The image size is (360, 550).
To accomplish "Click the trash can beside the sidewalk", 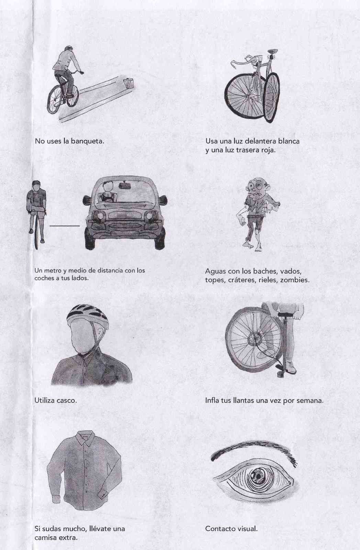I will point(128,84).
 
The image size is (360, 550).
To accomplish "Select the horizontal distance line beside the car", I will point(65,226).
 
